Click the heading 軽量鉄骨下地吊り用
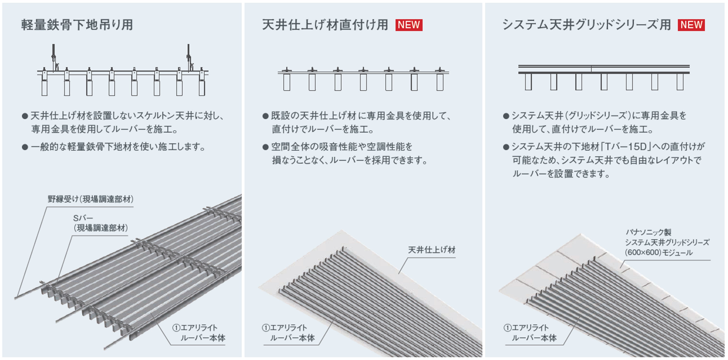pyautogui.click(x=77, y=25)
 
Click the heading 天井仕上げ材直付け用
pyautogui.click(x=325, y=25)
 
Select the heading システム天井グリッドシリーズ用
pyautogui.click(x=586, y=25)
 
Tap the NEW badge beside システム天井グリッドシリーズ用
pyautogui.click(x=691, y=25)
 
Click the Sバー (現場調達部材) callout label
pyautogui.click(x=100, y=223)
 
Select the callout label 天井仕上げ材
pyautogui.click(x=432, y=250)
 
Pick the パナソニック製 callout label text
pyautogui.click(x=648, y=232)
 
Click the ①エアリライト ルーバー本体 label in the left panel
pyautogui.click(x=199, y=333)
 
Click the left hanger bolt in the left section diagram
pyautogui.click(x=53, y=57)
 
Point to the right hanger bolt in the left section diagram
pyautogui.click(x=189, y=57)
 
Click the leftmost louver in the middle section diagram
pyautogui.click(x=287, y=82)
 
